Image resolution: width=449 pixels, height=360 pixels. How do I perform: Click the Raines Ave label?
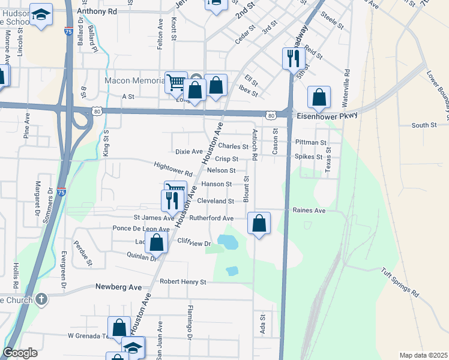tap(309, 211)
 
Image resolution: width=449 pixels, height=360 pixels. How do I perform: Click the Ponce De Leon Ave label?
tap(141, 229)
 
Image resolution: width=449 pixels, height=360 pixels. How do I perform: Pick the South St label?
tap(424, 125)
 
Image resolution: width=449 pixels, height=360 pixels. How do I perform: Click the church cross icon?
tap(41, 299)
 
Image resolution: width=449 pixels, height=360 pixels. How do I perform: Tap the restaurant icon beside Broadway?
tap(291, 58)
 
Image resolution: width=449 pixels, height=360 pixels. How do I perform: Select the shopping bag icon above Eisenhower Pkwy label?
tap(319, 96)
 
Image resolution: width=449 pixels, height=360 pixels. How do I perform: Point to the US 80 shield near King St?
tap(97, 110)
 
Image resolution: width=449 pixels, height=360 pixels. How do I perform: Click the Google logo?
tap(20, 353)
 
